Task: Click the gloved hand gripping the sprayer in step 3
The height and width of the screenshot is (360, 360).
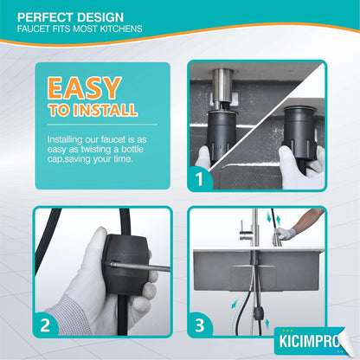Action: [x=286, y=233]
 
